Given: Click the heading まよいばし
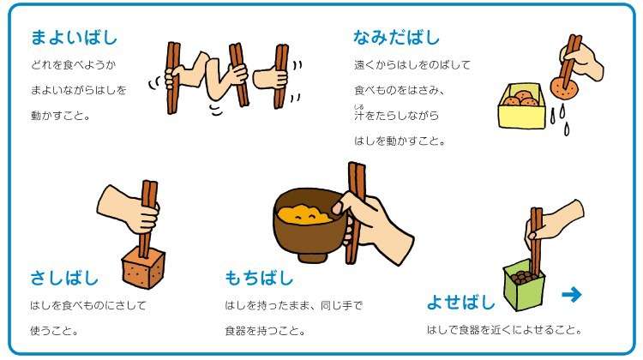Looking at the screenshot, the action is click(x=74, y=38).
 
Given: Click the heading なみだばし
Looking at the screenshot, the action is click(x=396, y=38).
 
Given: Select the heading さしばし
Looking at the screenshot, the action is click(x=64, y=278).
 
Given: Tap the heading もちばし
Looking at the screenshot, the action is click(x=259, y=278).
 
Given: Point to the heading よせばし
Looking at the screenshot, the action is click(x=461, y=303).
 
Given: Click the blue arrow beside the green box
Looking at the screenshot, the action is click(x=572, y=294).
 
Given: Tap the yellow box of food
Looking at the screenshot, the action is click(x=522, y=106).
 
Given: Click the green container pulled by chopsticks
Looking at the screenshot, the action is click(x=524, y=285).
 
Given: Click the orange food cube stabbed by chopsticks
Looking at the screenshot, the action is click(x=143, y=267).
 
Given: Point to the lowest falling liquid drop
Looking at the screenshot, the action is click(x=567, y=129).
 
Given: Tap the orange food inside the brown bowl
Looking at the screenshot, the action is click(x=304, y=214).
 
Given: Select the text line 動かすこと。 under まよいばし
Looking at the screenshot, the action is click(x=60, y=116).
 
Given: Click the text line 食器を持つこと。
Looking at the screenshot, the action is click(x=265, y=331).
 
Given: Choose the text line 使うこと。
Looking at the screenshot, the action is click(x=54, y=331).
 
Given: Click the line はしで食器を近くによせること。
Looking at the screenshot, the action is click(x=504, y=330).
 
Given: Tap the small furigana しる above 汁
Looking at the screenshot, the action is click(x=359, y=107).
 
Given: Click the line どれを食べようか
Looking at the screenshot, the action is click(x=73, y=65).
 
